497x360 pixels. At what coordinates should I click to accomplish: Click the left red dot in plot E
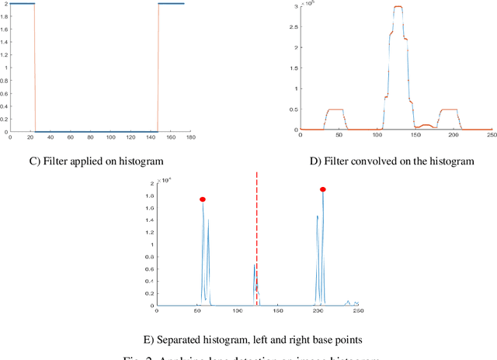tap(203, 199)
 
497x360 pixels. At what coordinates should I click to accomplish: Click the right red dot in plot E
tap(323, 189)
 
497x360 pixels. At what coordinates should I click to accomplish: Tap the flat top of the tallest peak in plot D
tap(398, 7)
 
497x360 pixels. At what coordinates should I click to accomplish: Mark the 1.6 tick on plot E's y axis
tap(151, 208)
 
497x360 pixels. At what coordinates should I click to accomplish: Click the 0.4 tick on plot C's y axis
tap(8, 106)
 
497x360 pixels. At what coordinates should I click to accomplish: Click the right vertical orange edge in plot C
tap(158, 67)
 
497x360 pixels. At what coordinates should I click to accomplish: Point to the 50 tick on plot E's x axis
tap(197, 309)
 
